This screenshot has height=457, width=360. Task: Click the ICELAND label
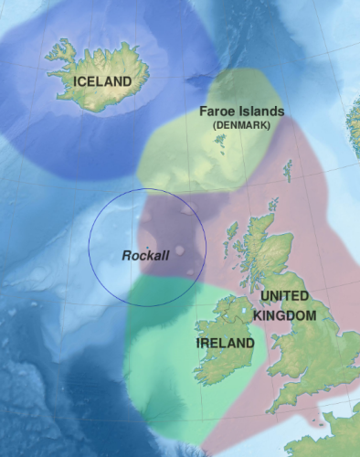point(102,82)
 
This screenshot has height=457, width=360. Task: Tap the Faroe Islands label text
point(242,112)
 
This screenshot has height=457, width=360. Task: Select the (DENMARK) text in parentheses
point(241,125)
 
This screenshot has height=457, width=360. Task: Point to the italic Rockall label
point(145,255)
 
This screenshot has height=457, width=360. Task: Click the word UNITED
point(284,297)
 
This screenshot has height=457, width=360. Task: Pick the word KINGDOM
point(285,314)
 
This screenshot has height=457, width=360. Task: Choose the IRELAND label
point(225,343)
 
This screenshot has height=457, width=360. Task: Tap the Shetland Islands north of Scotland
point(289,169)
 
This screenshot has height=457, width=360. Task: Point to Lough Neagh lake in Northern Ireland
point(242,312)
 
